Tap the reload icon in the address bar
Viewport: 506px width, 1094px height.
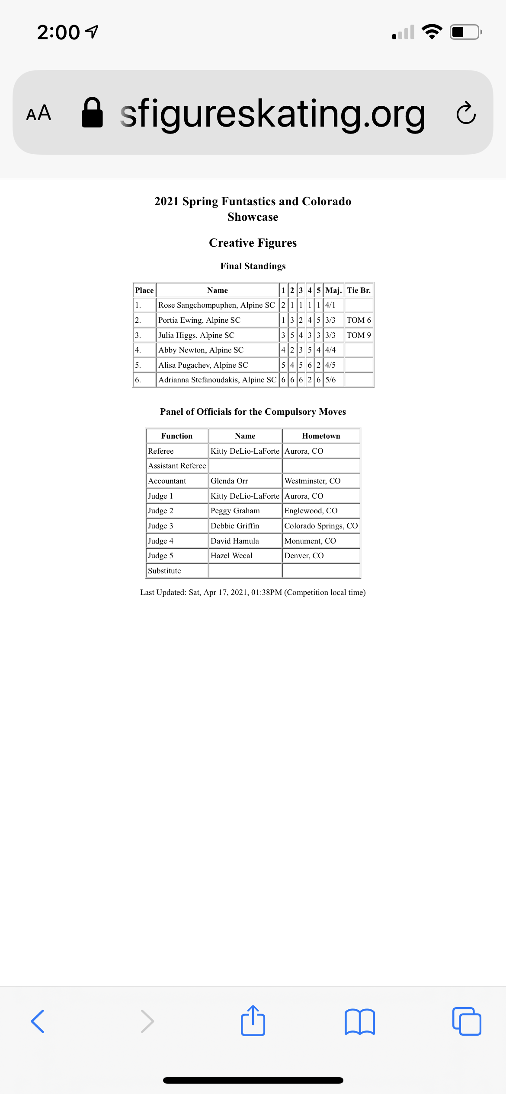pos(466,113)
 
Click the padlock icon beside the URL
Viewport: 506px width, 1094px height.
pos(92,113)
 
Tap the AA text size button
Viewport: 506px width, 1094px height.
pos(38,113)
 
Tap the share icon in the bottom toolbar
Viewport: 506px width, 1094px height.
pos(253,1021)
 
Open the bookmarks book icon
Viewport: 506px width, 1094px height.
pos(359,1021)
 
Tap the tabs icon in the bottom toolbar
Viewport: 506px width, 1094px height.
pos(466,1021)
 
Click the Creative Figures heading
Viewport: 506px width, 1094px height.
pos(253,243)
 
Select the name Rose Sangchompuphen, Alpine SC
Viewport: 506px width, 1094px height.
pos(216,305)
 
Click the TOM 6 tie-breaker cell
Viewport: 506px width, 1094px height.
pos(359,320)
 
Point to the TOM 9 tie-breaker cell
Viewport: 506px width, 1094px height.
pos(359,335)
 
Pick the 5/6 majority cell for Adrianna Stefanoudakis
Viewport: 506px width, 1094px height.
pos(330,380)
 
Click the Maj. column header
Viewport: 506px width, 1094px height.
pos(333,290)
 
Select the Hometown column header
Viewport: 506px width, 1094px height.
pos(321,436)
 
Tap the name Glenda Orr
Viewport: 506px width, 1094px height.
pos(229,481)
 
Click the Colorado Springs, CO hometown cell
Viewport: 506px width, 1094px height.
pos(321,526)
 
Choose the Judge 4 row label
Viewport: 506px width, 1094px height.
pos(160,541)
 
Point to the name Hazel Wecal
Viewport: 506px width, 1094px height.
pos(231,556)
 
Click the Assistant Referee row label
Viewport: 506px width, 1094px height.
pos(177,466)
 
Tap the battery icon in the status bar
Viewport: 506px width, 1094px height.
pos(465,32)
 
